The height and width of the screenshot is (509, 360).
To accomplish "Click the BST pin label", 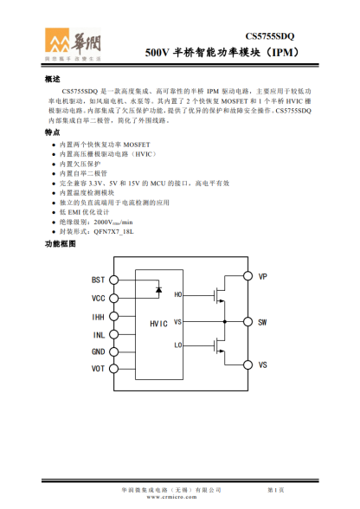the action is pos(99,280).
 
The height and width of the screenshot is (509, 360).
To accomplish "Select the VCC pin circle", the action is pos(112,299).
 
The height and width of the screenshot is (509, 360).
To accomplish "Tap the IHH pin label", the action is pos(99,317).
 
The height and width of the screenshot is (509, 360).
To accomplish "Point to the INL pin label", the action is pos(99,334).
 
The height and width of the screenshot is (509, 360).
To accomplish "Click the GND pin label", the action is pos(99,351).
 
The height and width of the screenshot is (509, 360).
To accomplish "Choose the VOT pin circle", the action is pos(112,369).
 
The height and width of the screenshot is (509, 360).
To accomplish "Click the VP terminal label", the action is pos(262,277).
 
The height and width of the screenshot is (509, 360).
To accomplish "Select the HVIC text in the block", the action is pos(158,323).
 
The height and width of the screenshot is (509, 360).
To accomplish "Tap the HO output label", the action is pos(178,295).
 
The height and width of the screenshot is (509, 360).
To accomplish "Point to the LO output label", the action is pos(178,345).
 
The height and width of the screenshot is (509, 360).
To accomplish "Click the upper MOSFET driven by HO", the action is pos(216,294).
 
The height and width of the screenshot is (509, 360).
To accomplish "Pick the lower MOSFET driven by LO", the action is pos(216,345).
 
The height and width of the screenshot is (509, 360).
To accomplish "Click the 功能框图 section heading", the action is pos(60,245).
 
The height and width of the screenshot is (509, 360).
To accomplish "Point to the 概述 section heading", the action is pos(52,79).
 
